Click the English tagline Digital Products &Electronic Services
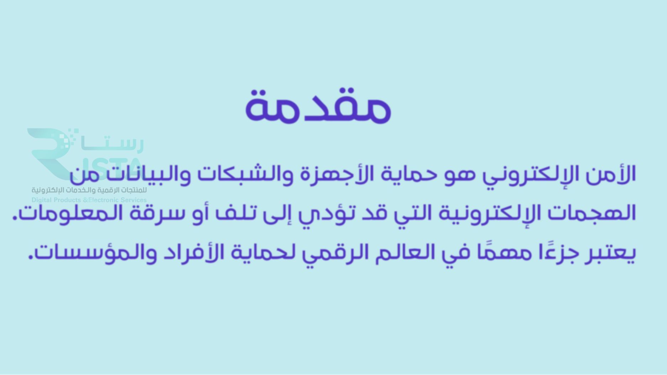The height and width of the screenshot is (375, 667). tap(89, 200)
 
